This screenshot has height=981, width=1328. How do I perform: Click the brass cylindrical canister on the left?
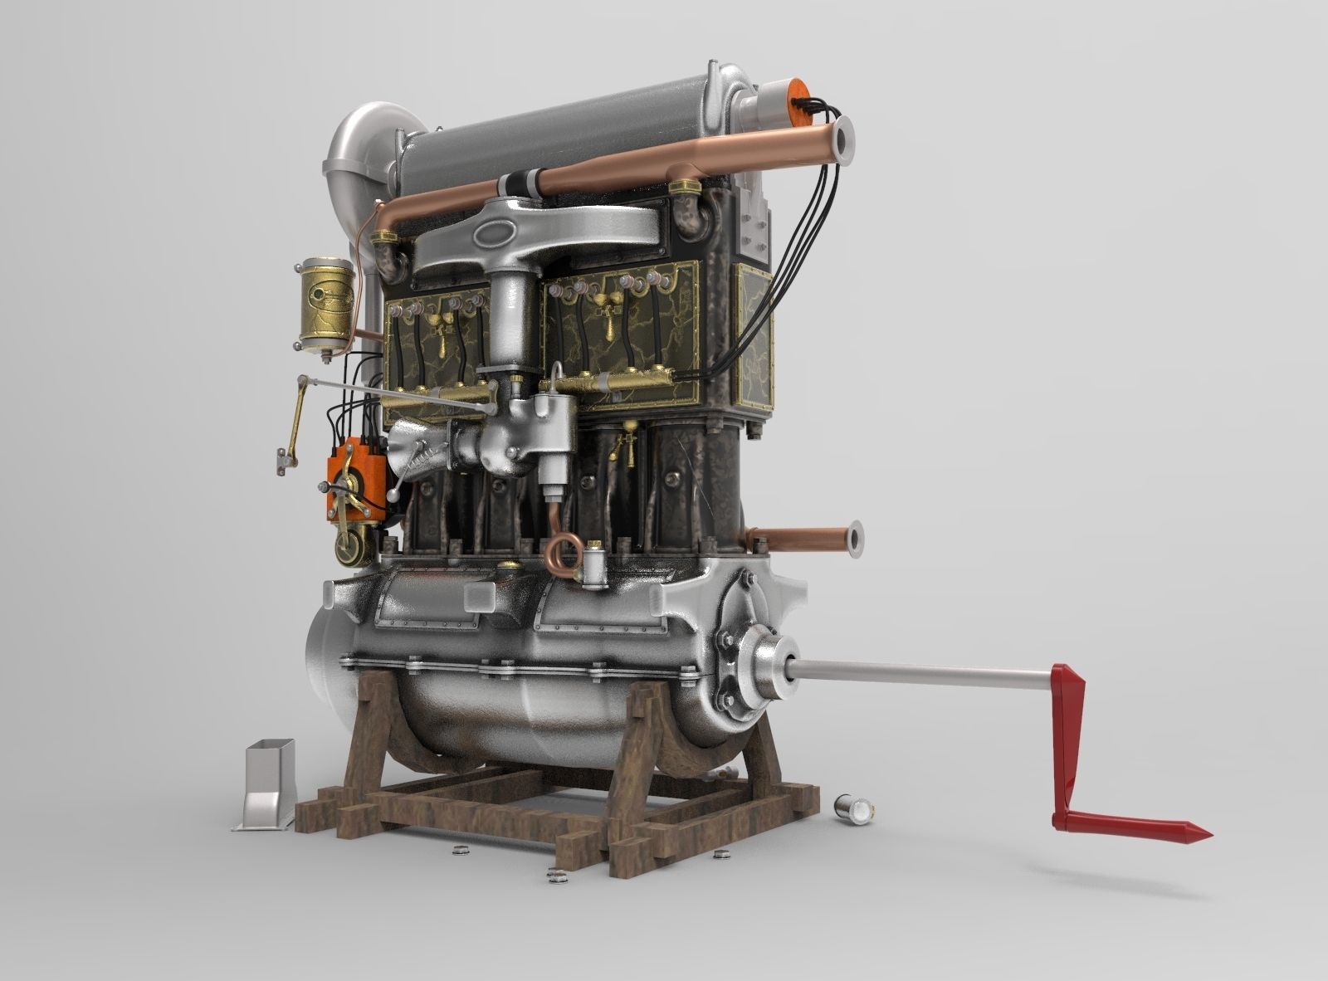point(325,304)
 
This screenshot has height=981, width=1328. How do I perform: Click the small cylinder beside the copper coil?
point(595,564)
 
